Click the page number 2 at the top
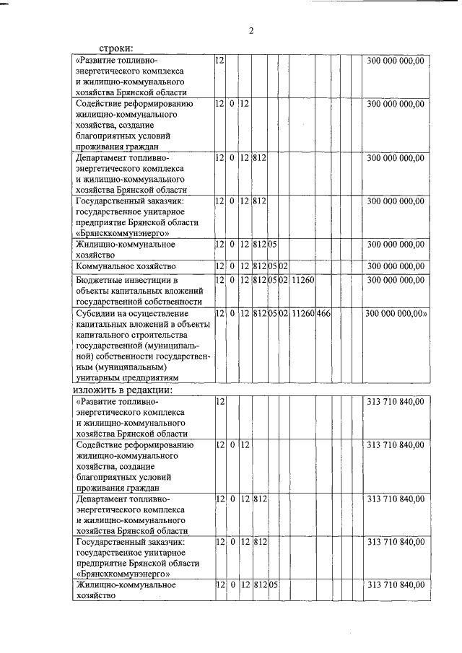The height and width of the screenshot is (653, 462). coord(251,30)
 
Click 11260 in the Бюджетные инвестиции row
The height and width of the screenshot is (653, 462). coord(302,279)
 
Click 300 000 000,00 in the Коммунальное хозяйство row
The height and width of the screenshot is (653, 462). coord(395,267)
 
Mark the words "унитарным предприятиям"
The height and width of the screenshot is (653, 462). coord(127,377)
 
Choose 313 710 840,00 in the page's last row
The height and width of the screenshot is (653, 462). coord(395,585)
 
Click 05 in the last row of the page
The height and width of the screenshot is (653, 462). coord(274,585)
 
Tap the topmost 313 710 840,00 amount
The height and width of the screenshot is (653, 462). coord(395,401)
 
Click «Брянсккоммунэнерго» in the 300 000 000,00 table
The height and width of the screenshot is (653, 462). coord(117,233)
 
